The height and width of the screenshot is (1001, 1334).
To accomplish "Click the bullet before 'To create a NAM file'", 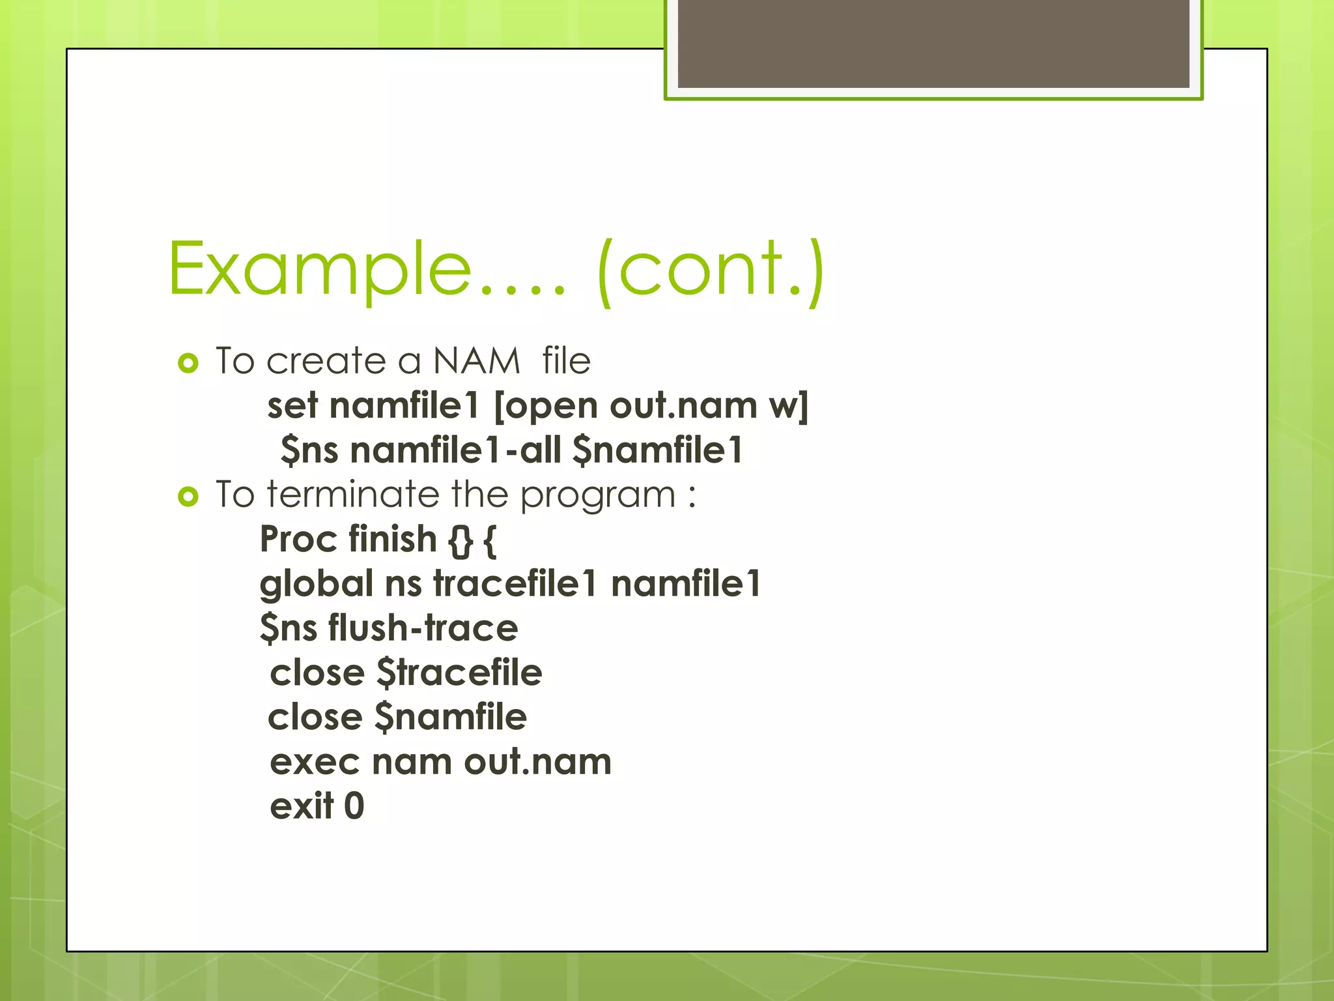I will point(188,363).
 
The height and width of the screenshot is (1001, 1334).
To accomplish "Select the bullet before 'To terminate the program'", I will point(188,497).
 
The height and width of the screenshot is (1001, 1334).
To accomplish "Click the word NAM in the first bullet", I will point(476,361).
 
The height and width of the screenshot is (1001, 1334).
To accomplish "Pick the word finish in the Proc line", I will point(392,540).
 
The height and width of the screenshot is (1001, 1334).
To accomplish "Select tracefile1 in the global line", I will point(515,583).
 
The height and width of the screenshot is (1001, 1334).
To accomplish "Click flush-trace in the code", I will point(423,628).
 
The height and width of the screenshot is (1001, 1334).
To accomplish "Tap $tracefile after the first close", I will point(459,673).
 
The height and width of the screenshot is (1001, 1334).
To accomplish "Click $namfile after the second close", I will point(451,718).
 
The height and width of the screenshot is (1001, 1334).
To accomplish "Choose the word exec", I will point(315,762).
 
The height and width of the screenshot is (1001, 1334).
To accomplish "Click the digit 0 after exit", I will point(354,806).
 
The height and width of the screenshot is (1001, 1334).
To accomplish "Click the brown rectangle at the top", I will point(933,44).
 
